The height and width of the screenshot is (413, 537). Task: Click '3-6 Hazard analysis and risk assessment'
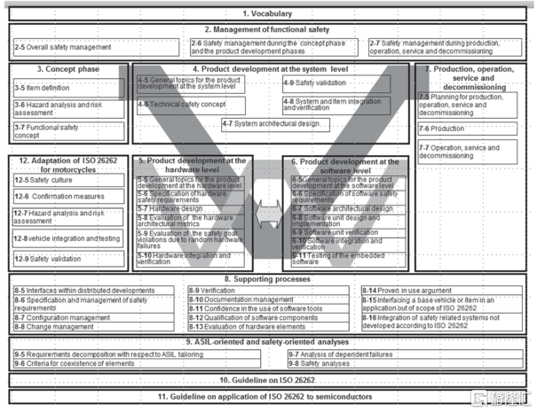[67, 108]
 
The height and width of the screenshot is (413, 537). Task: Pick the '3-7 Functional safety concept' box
[67, 131]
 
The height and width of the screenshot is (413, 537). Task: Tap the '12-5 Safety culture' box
[67, 179]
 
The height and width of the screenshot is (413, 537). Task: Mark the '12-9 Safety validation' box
[67, 258]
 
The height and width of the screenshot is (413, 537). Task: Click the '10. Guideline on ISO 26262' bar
[268, 379]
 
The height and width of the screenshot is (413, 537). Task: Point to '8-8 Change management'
[94, 326]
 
